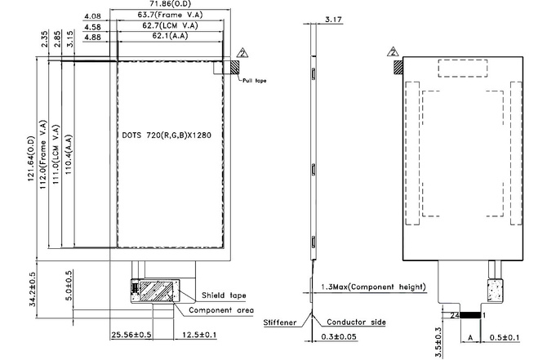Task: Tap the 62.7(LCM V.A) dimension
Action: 171,26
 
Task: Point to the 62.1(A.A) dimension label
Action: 171,37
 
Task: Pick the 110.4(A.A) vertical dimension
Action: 69,154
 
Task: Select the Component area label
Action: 221,310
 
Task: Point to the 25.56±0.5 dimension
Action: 131,335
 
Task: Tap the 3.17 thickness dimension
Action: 332,18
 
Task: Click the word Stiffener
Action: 280,322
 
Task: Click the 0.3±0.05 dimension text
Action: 340,336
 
